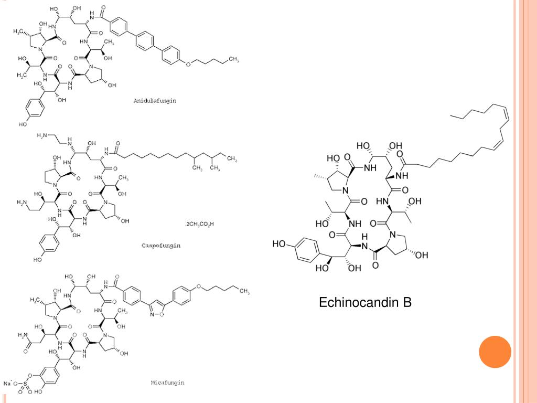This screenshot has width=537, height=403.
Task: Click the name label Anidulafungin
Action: [155, 100]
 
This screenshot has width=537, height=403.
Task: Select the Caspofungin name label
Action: [161, 246]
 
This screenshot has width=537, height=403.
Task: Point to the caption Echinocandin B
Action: [366, 302]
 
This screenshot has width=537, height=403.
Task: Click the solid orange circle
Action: [495, 352]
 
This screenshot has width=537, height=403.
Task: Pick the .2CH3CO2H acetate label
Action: [199, 224]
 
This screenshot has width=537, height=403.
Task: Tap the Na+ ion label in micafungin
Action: [8, 384]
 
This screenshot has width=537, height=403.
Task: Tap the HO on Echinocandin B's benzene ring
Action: [279, 245]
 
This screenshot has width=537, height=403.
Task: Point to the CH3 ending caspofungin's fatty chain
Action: [231, 158]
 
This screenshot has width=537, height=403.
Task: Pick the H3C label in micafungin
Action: [35, 300]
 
